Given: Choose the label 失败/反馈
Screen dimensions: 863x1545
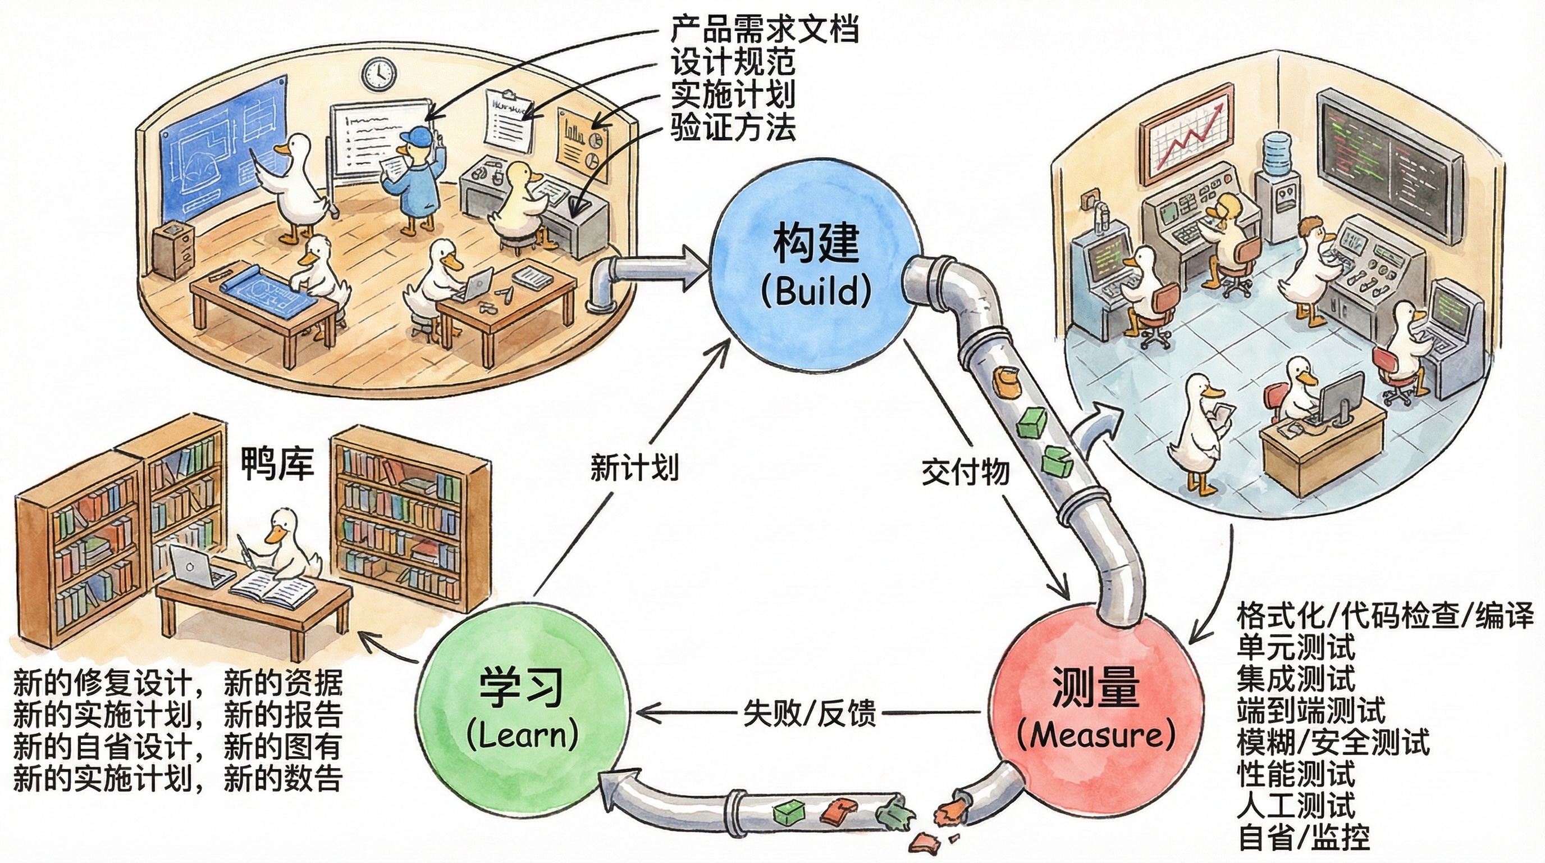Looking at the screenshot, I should (x=809, y=714).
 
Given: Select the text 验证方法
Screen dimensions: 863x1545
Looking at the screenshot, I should (x=733, y=126).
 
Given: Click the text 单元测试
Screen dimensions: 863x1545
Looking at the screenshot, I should (x=1296, y=648).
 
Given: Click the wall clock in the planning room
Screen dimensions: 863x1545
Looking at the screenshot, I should (x=379, y=74).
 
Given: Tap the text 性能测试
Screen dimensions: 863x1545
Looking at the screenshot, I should (x=1296, y=775).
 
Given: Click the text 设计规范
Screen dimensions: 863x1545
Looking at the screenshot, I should (x=733, y=61).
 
